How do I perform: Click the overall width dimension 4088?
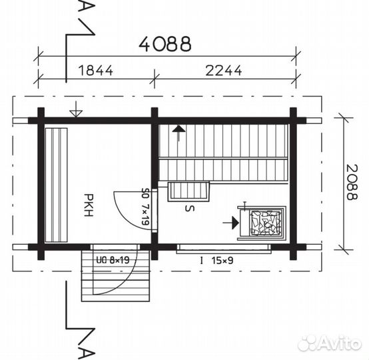[165, 44]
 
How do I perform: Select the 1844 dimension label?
[96, 70]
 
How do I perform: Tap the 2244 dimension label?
[224, 70]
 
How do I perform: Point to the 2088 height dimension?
[352, 182]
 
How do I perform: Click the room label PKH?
[89, 205]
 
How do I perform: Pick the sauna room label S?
[190, 208]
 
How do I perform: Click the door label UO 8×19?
[113, 260]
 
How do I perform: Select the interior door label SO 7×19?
[146, 207]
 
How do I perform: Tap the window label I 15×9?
[216, 261]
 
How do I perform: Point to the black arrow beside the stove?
[231, 223]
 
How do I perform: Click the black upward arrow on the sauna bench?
[179, 133]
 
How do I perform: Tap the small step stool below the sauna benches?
[188, 191]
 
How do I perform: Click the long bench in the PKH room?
[56, 185]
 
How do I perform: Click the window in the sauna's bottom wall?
[224, 249]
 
